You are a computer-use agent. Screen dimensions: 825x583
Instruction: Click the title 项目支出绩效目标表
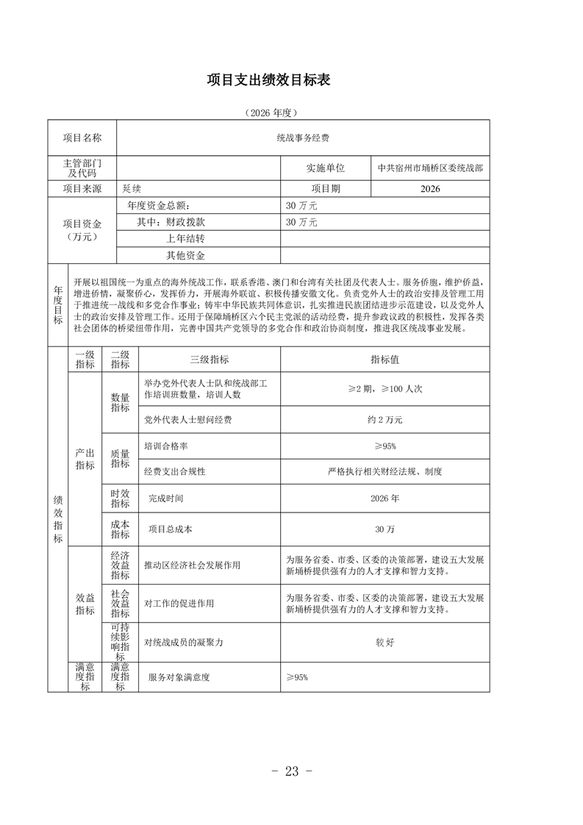(x=268, y=80)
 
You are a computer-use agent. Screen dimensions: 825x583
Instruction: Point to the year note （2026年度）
(x=268, y=113)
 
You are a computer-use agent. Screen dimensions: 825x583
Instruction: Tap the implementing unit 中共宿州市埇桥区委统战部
(x=430, y=168)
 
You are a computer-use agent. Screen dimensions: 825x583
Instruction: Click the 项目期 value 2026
(x=430, y=189)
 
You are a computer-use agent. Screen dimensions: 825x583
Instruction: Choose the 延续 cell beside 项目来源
(x=132, y=189)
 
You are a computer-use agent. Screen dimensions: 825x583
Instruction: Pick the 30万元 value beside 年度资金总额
(x=301, y=206)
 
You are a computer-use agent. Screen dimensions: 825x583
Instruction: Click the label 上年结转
(x=185, y=239)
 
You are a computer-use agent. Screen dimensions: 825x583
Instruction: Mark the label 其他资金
(x=185, y=256)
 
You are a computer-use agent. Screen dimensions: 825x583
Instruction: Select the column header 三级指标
(x=209, y=360)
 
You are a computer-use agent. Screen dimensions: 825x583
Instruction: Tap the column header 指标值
(x=385, y=360)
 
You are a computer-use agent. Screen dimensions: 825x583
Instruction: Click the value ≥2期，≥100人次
(x=385, y=389)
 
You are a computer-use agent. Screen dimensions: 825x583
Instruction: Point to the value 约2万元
(x=385, y=420)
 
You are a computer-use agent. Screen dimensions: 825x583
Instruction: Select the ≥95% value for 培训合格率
(x=385, y=446)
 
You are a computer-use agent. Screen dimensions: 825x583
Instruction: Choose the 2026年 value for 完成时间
(x=385, y=499)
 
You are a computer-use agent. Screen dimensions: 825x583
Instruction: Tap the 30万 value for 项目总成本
(x=385, y=529)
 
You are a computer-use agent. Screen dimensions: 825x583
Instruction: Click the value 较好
(x=385, y=642)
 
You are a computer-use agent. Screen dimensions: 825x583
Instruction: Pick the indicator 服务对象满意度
(x=179, y=677)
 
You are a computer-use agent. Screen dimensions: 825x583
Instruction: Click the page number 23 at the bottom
(x=292, y=771)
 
